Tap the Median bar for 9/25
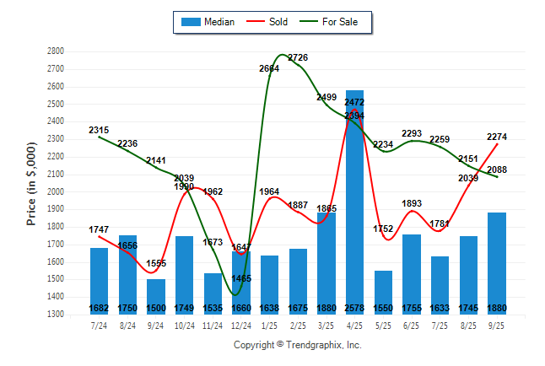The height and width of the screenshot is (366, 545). pyautogui.click(x=497, y=261)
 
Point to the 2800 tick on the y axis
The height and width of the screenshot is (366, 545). pyautogui.click(x=56, y=51)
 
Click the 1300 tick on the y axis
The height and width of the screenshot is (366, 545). pyautogui.click(x=56, y=315)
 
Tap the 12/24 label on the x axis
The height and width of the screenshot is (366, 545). pyautogui.click(x=241, y=326)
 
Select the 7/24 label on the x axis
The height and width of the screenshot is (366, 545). pyautogui.click(x=99, y=326)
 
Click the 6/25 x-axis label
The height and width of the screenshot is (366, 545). pyautogui.click(x=412, y=326)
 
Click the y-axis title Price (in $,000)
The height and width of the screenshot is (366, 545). pyautogui.click(x=32, y=183)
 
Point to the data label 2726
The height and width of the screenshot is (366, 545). pyautogui.click(x=298, y=58)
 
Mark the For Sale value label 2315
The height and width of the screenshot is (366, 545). pyautogui.click(x=99, y=131)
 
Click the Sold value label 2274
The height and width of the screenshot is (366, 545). pyautogui.click(x=497, y=137)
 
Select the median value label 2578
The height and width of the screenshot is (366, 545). pyautogui.click(x=354, y=308)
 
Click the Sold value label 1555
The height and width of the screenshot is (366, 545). pyautogui.click(x=156, y=264)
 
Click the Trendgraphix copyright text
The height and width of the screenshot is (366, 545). pyautogui.click(x=297, y=345)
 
